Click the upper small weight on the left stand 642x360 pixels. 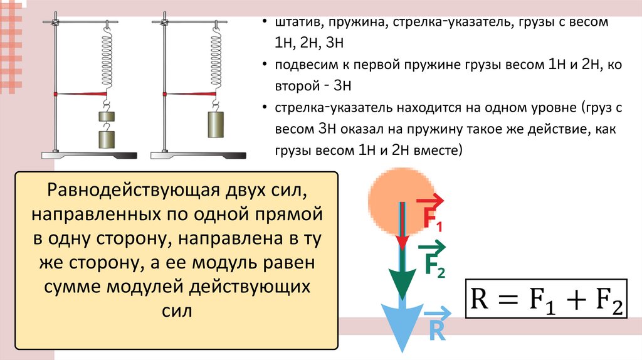(x=107, y=117)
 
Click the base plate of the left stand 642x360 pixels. (x=88, y=155)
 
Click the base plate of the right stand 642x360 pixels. (x=197, y=155)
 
